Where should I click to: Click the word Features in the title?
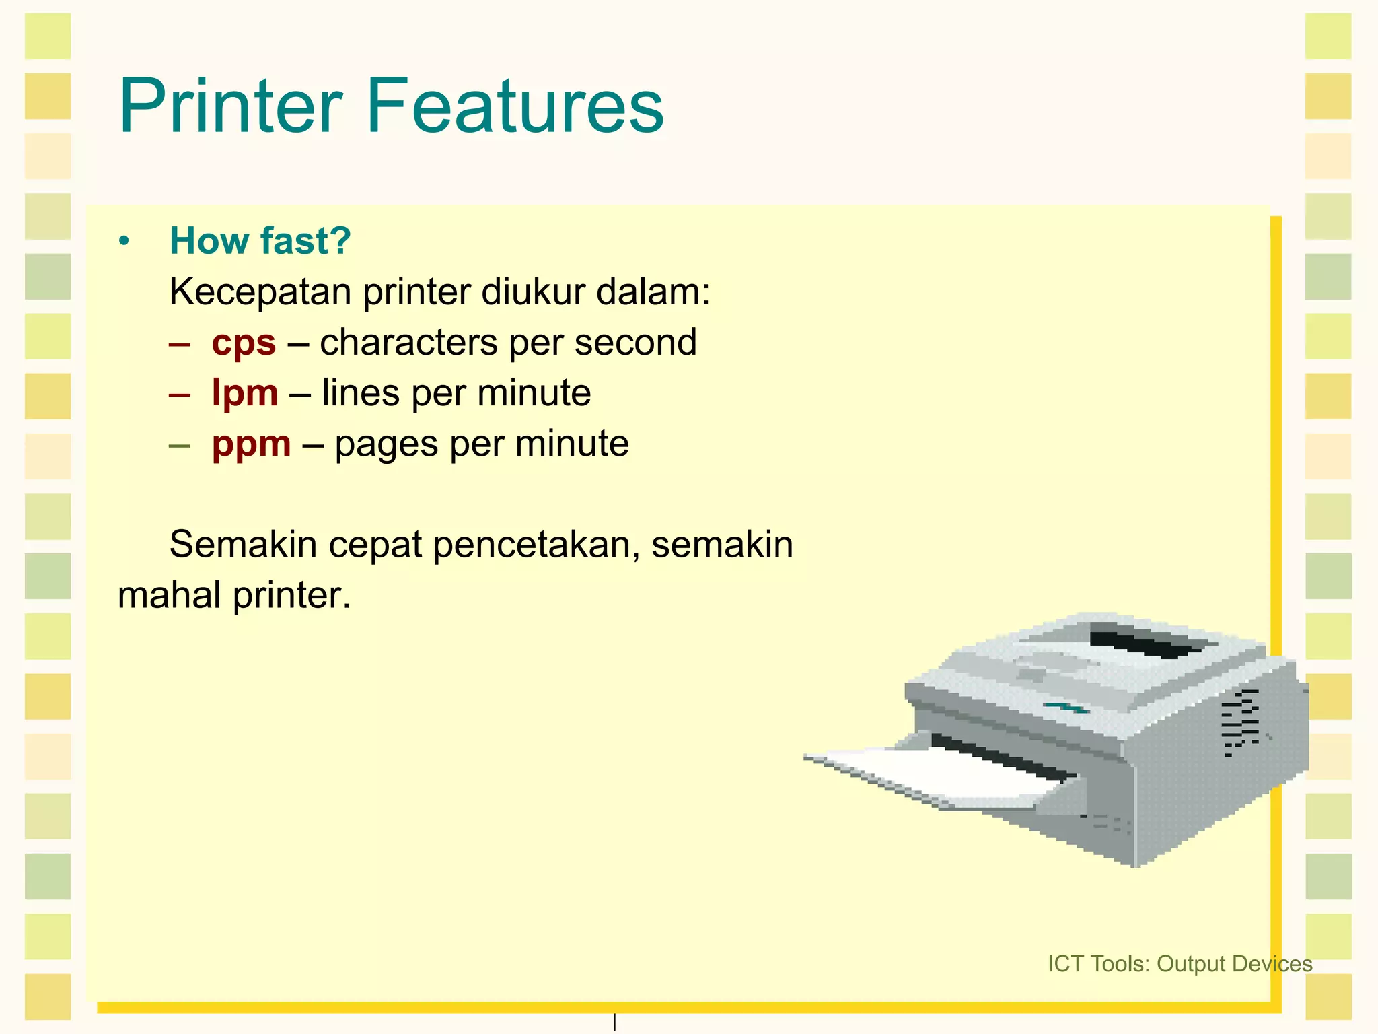tap(515, 106)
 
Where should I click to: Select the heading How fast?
tap(260, 240)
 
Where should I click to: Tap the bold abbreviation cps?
tap(244, 343)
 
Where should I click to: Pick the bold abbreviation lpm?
tap(244, 393)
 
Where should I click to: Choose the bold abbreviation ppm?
tap(251, 444)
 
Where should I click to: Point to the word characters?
tap(408, 342)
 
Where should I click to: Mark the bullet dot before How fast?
tap(123, 241)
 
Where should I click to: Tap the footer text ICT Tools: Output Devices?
tap(1180, 963)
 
